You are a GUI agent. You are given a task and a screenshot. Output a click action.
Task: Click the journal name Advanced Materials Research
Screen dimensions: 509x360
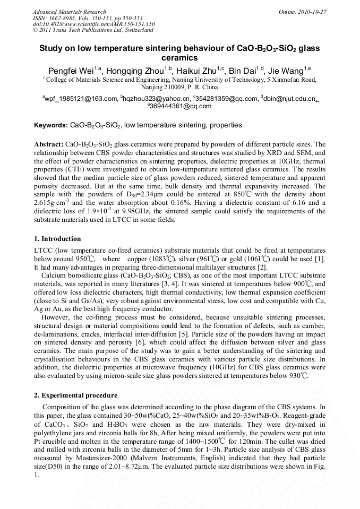coord(69,12)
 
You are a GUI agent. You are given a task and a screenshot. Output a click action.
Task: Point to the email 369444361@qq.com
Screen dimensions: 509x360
coord(181,106)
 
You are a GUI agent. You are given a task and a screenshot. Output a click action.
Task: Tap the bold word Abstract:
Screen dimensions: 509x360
coord(49,144)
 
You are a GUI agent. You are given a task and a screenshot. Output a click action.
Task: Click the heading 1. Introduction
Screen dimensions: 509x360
coord(58,239)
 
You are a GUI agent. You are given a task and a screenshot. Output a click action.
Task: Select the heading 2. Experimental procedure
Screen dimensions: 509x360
coord(75,395)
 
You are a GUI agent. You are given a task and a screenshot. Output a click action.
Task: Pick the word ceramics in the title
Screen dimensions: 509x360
coord(179,57)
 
